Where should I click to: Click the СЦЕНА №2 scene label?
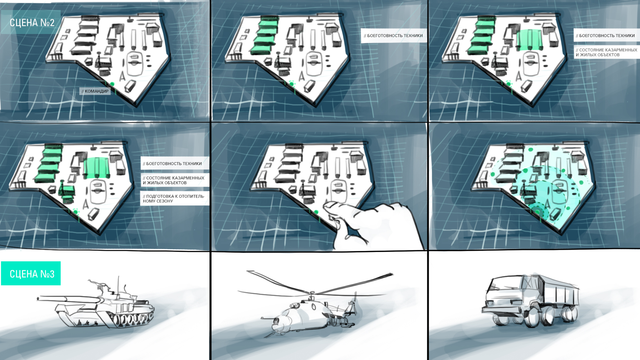coord(32,23)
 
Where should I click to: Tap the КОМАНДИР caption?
coord(95,91)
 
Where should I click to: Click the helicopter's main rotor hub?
coord(312,295)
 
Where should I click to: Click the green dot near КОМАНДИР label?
coord(112,84)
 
